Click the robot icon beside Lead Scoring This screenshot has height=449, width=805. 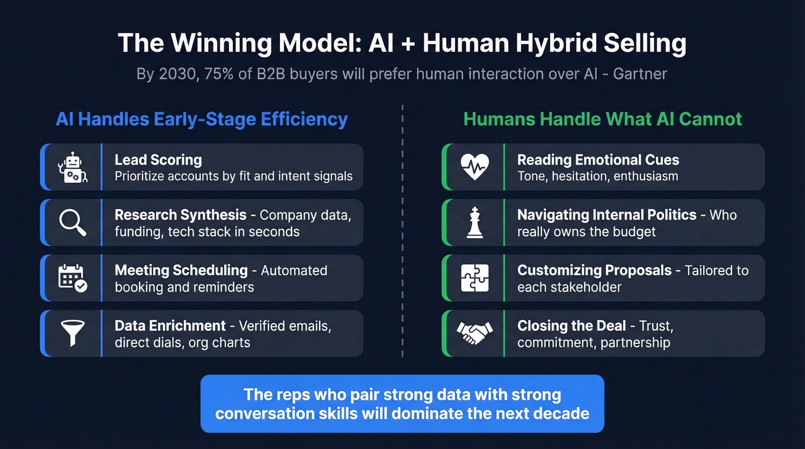pyautogui.click(x=72, y=167)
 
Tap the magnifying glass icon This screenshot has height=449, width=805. pyautogui.click(x=72, y=222)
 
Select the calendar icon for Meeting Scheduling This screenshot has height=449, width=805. pyautogui.click(x=72, y=278)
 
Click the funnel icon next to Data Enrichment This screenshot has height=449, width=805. pyautogui.click(x=72, y=333)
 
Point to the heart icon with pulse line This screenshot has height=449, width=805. pyautogui.click(x=474, y=167)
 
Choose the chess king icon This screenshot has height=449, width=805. pyautogui.click(x=474, y=222)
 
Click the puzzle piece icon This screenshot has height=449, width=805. pyautogui.click(x=474, y=278)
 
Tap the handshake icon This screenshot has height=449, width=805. pyautogui.click(x=474, y=333)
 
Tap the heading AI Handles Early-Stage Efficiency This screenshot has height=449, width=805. pyautogui.click(x=202, y=120)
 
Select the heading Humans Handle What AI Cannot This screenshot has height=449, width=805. pyautogui.click(x=603, y=120)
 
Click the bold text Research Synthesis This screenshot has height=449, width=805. pyautogui.click(x=181, y=215)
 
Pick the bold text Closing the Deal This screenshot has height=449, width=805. pyautogui.click(x=572, y=325)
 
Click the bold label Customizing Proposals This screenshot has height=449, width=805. pyautogui.click(x=595, y=270)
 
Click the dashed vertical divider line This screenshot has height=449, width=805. pyautogui.click(x=402, y=230)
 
